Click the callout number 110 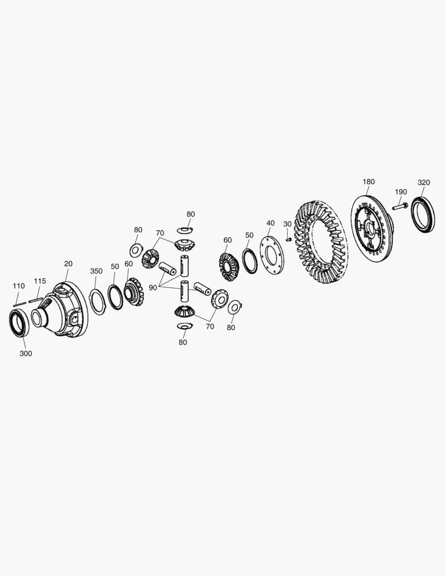point(19,286)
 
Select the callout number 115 point(40,281)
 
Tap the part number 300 point(26,353)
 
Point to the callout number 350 point(96,271)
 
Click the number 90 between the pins point(153,287)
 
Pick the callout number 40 point(270,223)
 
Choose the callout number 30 point(287,224)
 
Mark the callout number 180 point(368,182)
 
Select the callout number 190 point(401,192)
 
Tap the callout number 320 point(424,182)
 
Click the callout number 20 point(68,263)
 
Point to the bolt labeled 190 point(399,205)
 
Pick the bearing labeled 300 point(21,323)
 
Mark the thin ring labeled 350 point(97,302)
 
